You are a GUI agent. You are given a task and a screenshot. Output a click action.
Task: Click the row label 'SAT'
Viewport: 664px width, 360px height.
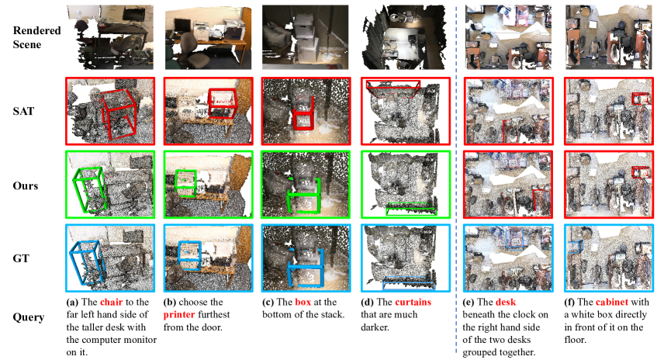(22, 111)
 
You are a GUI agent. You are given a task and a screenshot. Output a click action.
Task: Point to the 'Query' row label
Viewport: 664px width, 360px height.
(28, 317)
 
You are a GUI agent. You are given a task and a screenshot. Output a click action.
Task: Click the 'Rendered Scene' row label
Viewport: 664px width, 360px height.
(32, 36)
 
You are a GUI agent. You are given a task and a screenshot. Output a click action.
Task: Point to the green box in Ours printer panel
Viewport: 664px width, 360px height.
(185, 181)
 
